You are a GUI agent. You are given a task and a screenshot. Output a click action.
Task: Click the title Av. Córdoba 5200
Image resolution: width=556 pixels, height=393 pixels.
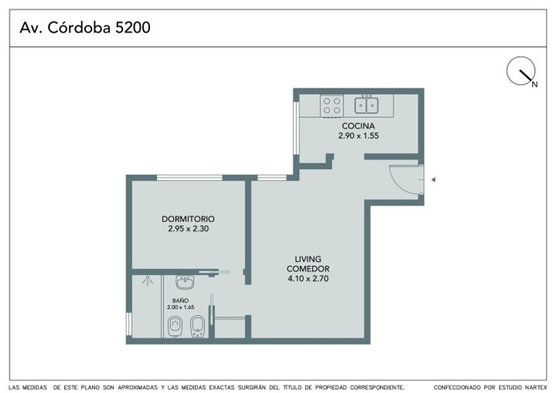(x=85, y=28)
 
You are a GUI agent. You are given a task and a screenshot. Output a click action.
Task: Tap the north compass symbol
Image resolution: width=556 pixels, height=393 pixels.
(x=521, y=71)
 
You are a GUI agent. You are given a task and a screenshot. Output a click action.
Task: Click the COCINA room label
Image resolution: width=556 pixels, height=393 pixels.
(x=358, y=126)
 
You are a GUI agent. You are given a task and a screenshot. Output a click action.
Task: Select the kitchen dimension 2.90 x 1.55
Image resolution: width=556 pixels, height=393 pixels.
(x=358, y=136)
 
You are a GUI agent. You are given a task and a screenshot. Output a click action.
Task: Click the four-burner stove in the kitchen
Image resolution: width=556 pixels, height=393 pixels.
(x=331, y=106)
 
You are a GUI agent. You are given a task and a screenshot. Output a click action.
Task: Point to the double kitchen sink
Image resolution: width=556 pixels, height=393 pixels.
(x=366, y=105)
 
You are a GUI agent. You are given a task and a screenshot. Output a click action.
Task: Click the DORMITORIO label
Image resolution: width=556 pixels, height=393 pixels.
(x=188, y=219)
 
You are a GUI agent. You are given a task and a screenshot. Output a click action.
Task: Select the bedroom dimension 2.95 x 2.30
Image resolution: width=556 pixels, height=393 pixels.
(x=188, y=229)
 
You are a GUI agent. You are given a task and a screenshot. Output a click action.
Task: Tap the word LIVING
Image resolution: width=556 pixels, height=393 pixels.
(x=308, y=259)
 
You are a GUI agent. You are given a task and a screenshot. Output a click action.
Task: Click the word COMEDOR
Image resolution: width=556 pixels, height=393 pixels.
(x=308, y=269)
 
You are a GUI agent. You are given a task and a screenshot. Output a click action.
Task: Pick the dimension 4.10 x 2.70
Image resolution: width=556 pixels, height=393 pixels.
(x=308, y=279)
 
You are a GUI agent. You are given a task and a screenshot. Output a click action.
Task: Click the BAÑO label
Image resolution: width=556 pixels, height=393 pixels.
(x=180, y=301)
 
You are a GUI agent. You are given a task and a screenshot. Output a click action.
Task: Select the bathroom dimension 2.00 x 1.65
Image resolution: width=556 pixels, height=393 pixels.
(x=180, y=307)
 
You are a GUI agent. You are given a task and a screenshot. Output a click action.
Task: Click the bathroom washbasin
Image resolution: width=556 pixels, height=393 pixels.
(x=185, y=282)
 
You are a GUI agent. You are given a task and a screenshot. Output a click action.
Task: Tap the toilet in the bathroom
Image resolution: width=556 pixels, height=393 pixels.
(x=175, y=326)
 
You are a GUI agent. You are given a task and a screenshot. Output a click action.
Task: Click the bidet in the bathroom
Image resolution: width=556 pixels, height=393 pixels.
(x=198, y=326)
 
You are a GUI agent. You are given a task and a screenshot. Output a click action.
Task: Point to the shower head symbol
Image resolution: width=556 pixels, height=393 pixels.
(x=147, y=280)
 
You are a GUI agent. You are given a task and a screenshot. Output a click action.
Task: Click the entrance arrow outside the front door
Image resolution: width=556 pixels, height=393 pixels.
(x=433, y=179)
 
